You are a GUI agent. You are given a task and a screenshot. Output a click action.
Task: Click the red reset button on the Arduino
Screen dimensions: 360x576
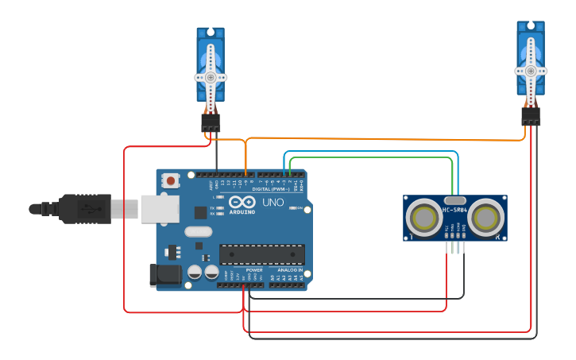pyautogui.click(x=171, y=181)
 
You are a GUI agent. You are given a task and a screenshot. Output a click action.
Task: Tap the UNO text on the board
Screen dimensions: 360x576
pyautogui.click(x=273, y=203)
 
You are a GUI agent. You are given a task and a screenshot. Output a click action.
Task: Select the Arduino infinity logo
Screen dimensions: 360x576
pyautogui.click(x=242, y=202)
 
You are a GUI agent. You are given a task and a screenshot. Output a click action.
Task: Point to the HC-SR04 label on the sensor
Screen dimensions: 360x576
pyautogui.click(x=454, y=209)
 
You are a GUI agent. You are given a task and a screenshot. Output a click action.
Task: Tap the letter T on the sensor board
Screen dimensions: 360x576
pyautogui.click(x=411, y=237)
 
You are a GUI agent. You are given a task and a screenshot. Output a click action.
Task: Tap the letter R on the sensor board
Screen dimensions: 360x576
pyautogui.click(x=497, y=237)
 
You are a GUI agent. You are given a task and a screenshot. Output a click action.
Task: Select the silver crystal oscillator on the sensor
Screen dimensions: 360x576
pyautogui.click(x=454, y=200)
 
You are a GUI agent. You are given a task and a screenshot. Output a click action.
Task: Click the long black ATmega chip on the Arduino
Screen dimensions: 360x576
pyautogui.click(x=262, y=254)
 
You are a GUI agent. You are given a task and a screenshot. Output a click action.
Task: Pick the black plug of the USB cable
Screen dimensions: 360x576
pyautogui.click(x=83, y=209)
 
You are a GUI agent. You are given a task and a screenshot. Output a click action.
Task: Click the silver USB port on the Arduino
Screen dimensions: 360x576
pyautogui.click(x=159, y=209)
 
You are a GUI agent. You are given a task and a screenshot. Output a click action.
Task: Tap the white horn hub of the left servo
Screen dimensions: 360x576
pyautogui.click(x=211, y=78)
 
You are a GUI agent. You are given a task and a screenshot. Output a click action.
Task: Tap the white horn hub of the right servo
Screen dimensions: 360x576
pyautogui.click(x=531, y=70)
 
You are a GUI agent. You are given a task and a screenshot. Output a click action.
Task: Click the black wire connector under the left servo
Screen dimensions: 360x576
pyautogui.click(x=211, y=122)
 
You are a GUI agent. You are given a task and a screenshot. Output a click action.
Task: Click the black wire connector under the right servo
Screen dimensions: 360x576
pyautogui.click(x=531, y=116)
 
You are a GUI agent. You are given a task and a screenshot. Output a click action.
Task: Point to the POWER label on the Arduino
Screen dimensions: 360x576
pyautogui.click(x=254, y=270)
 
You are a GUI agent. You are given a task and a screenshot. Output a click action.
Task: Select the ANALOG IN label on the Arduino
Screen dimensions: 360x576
pyautogui.click(x=289, y=270)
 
